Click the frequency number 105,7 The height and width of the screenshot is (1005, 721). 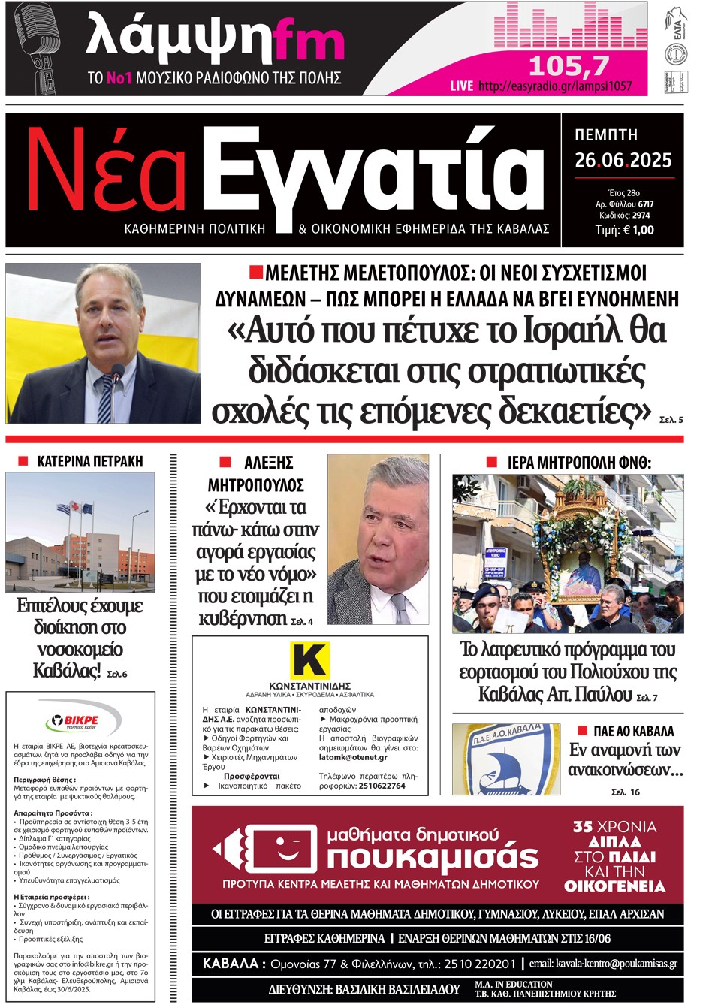(569, 67)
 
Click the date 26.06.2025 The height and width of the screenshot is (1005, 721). (623, 160)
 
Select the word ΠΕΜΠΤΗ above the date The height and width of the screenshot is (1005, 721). (606, 135)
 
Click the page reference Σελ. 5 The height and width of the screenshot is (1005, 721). (671, 420)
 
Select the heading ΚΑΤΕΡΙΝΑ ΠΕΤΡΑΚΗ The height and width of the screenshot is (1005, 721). (89, 461)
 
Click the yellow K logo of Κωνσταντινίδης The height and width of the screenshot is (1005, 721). (309, 660)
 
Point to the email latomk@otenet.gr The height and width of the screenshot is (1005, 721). (353, 758)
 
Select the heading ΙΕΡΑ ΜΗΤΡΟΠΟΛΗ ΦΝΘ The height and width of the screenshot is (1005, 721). (579, 463)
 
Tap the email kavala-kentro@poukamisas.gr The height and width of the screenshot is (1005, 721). (602, 963)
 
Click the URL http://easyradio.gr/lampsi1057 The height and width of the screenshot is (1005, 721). (554, 86)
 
